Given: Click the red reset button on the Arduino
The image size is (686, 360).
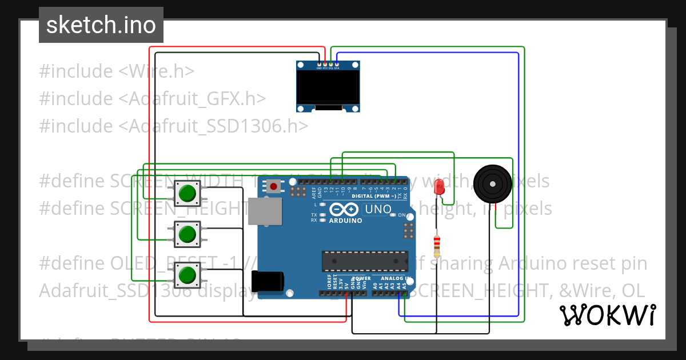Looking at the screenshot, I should click(x=274, y=186).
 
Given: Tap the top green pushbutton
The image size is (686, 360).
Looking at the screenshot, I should click(x=187, y=193).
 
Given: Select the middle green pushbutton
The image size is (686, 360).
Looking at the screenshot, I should click(x=187, y=234).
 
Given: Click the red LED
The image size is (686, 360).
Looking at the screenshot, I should click(x=439, y=187).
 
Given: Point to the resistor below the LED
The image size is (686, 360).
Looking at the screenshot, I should click(x=437, y=245).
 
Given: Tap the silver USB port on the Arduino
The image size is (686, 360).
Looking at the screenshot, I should click(x=265, y=212).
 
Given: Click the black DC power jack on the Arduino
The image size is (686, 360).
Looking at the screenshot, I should click(x=267, y=283).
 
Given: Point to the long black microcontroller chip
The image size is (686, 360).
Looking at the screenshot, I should click(x=364, y=260).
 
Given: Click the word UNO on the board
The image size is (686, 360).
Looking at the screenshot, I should click(x=378, y=210).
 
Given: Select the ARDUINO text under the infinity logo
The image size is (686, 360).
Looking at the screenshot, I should click(x=345, y=221).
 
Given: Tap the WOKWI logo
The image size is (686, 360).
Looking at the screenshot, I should click(x=607, y=315).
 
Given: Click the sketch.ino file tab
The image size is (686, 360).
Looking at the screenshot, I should click(x=101, y=25).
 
